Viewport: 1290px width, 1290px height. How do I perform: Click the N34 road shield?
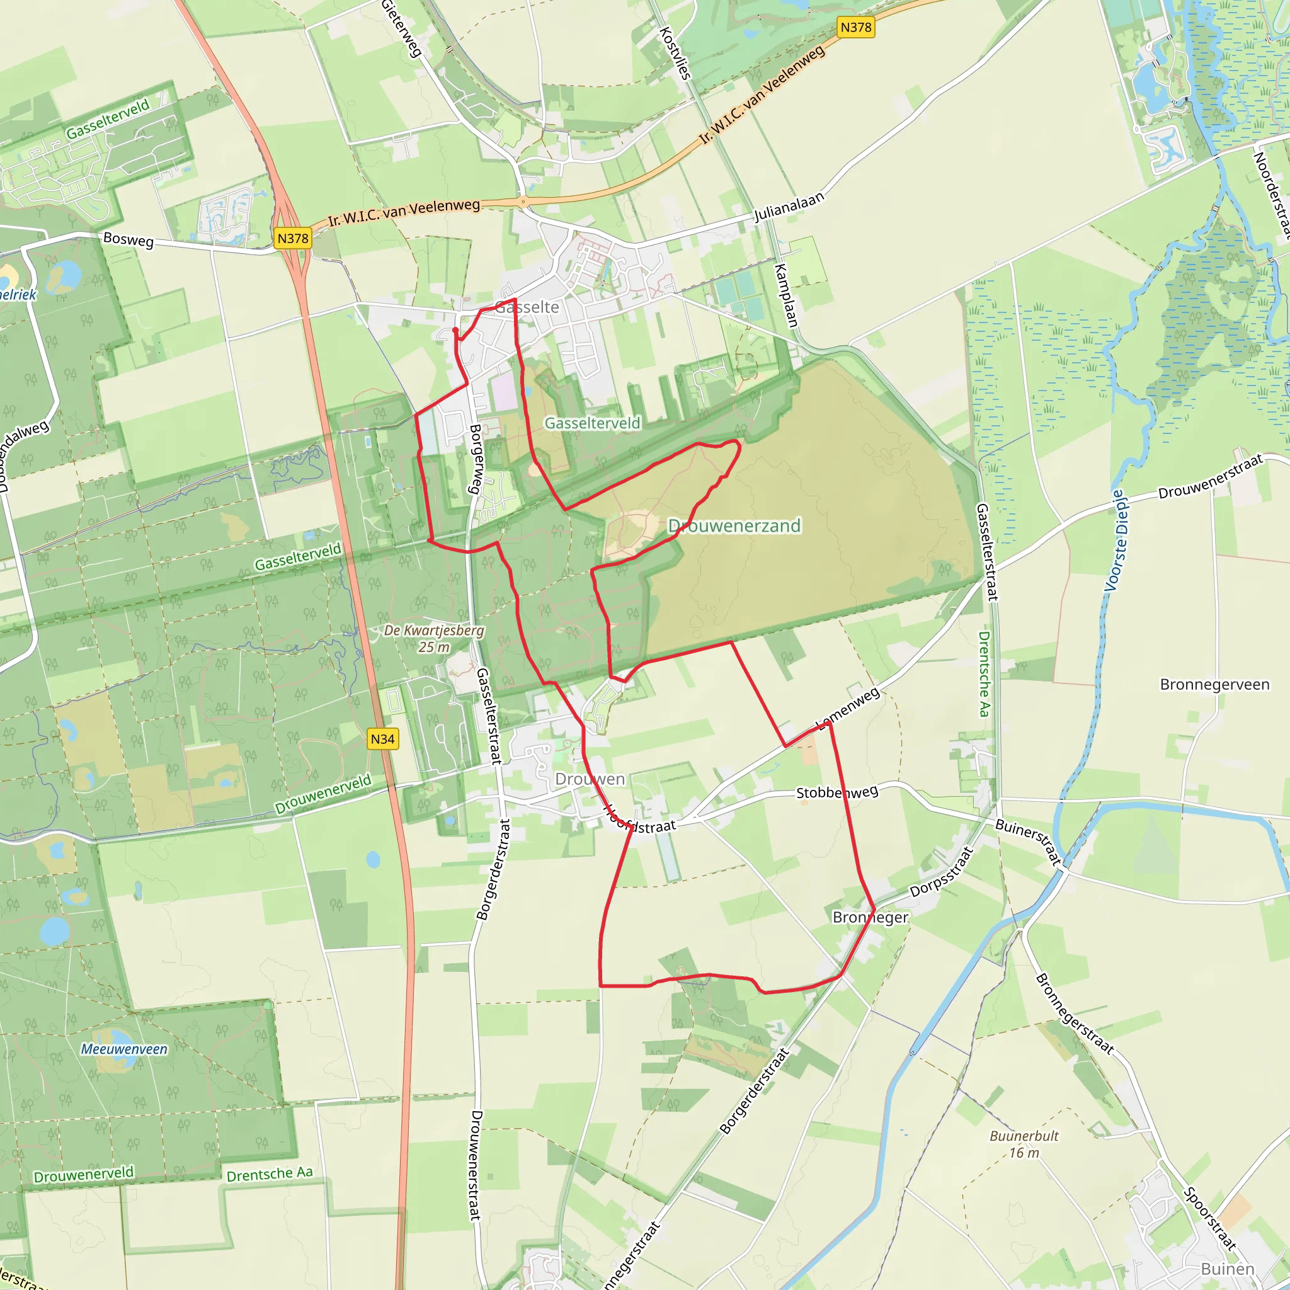[x=382, y=739]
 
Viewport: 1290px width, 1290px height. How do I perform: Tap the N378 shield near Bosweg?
[x=293, y=238]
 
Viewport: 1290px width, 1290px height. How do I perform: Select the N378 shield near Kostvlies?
[x=855, y=27]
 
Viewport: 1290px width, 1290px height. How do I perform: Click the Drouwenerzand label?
[x=734, y=526]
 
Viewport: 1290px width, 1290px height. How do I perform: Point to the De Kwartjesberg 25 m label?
[x=434, y=638]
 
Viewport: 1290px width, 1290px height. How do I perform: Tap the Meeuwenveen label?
[x=124, y=1049]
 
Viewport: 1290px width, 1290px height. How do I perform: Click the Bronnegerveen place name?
[x=1214, y=685]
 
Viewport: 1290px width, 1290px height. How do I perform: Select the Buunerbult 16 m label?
[x=1024, y=1144]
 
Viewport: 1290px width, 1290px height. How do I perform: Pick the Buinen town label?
[x=1227, y=1269]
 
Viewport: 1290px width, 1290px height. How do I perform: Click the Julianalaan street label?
[x=789, y=207]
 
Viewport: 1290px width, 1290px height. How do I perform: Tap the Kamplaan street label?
[x=786, y=296]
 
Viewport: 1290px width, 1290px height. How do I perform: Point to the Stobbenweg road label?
[x=837, y=792]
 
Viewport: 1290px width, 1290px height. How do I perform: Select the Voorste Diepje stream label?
[x=1116, y=541]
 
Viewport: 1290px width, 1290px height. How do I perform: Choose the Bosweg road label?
[x=128, y=240]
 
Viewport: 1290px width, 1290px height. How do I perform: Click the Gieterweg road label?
[x=401, y=28]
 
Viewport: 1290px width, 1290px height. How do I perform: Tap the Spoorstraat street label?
[x=1209, y=1218]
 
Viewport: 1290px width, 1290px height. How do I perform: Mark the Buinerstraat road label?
[x=1028, y=842]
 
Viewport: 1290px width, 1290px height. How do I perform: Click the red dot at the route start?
[x=455, y=330]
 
